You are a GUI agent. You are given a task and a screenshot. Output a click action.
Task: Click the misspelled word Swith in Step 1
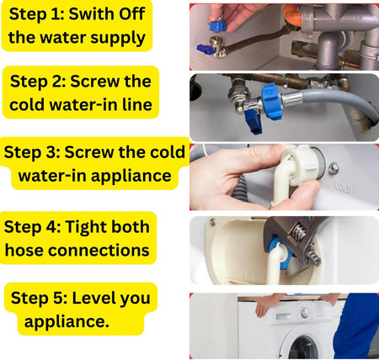92,13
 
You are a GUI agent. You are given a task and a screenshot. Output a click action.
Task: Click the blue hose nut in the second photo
271,100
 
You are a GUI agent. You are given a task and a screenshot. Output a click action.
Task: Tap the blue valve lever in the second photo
254,121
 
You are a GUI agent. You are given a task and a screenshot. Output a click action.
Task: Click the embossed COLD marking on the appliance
343,188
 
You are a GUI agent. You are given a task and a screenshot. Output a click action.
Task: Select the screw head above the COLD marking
334,167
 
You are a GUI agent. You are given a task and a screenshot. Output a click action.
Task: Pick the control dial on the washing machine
305,313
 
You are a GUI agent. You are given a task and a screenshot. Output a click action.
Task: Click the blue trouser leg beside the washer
357,325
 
